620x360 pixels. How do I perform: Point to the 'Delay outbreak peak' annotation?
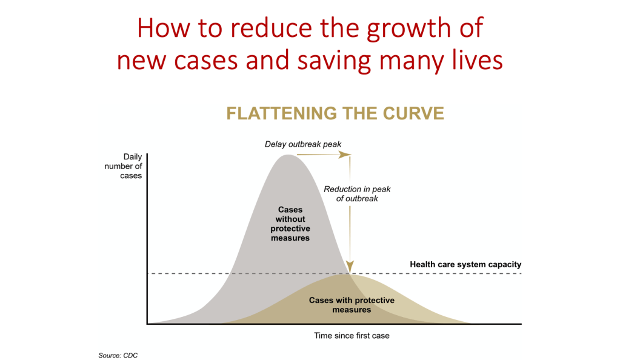[x=303, y=144]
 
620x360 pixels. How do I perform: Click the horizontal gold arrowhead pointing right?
[x=345, y=155]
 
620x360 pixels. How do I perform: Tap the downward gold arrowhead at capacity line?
[x=350, y=267]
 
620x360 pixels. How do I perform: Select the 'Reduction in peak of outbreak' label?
[x=357, y=194]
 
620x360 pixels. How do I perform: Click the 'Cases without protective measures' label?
[x=290, y=224]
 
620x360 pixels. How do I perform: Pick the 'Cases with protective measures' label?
[x=352, y=305]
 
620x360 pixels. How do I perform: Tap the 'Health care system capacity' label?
[x=465, y=264]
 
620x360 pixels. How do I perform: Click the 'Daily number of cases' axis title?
[x=123, y=166]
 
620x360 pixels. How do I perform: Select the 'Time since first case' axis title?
[x=352, y=336]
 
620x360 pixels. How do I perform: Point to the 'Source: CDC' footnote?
[x=118, y=356]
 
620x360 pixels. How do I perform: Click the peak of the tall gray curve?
[x=288, y=155]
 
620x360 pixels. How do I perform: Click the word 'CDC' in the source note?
[x=130, y=356]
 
